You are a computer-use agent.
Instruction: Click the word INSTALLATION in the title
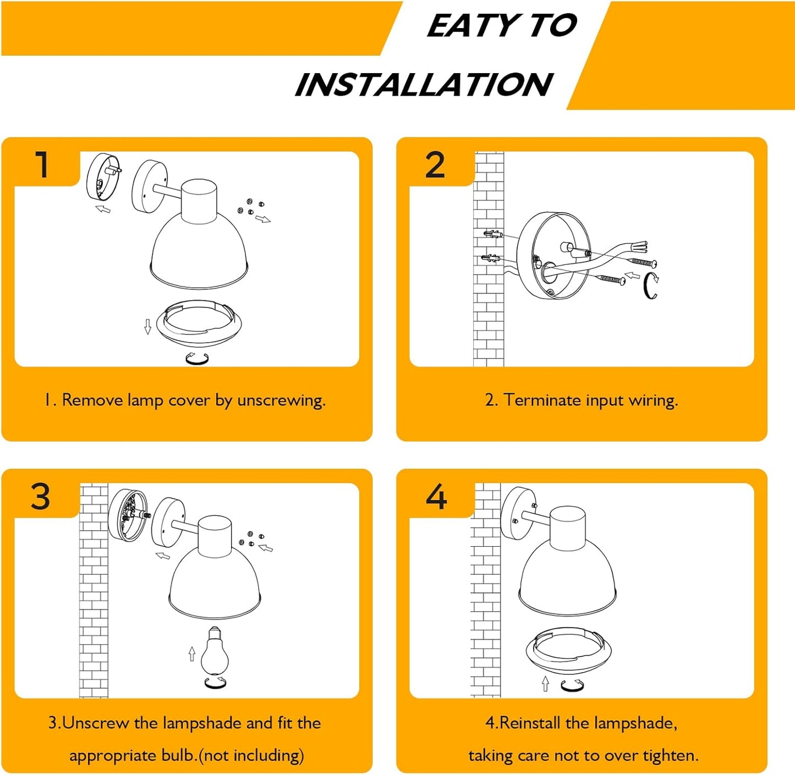point(424,85)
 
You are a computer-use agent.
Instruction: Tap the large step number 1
point(42,164)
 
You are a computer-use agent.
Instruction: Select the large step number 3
point(41,497)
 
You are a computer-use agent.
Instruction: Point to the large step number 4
point(436,497)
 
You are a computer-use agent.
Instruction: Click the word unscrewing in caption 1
point(281,400)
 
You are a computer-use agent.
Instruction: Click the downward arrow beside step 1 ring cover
point(148,327)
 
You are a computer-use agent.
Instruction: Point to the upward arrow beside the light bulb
point(191,653)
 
